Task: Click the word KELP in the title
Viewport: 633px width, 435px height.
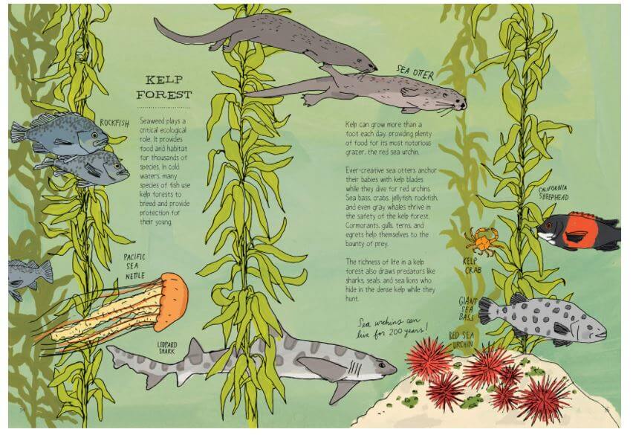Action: tap(163, 79)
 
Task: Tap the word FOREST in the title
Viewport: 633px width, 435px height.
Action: tap(163, 94)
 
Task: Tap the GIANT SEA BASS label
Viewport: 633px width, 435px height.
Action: tap(468, 308)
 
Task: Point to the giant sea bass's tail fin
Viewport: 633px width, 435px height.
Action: tap(486, 310)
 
